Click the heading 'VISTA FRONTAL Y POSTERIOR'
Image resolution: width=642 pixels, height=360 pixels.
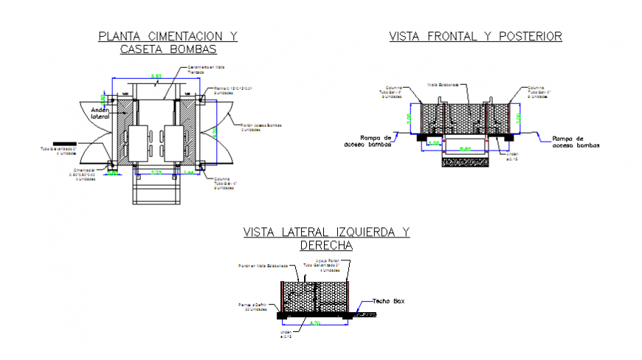pos(475,35)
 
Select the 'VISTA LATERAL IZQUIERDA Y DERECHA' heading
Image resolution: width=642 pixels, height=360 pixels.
pos(327,238)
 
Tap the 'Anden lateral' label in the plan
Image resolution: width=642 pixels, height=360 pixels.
pos(100,113)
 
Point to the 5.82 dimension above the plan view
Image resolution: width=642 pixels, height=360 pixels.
pos(156,77)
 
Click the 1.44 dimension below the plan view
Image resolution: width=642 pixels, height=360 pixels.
pos(188,172)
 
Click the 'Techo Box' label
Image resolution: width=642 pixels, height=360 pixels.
pos(389,302)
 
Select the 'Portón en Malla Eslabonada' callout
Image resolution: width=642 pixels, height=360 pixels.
pos(258,266)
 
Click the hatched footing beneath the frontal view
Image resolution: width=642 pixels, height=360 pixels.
pos(466,159)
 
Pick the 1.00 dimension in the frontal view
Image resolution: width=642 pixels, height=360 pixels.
pos(435,143)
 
